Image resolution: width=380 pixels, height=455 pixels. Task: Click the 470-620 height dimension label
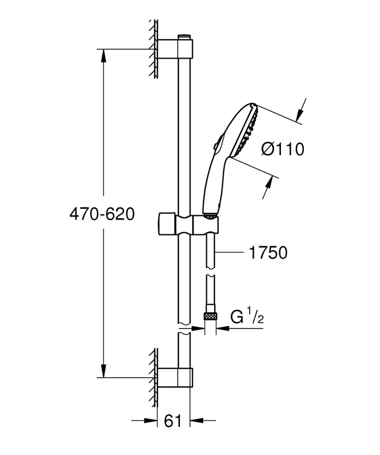[x=102, y=214]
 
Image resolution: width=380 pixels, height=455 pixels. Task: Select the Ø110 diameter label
[x=282, y=149]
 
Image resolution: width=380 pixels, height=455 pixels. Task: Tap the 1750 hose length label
[x=267, y=253]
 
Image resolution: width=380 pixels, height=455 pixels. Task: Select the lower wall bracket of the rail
[x=175, y=377]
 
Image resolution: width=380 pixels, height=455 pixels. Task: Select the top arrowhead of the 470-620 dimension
[x=103, y=56]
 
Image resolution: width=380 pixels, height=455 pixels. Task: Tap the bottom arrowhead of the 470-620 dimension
[x=103, y=371]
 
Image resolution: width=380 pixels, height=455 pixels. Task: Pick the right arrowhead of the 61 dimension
[x=197, y=421]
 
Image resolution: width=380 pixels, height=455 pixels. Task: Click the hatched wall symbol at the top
[x=153, y=49]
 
